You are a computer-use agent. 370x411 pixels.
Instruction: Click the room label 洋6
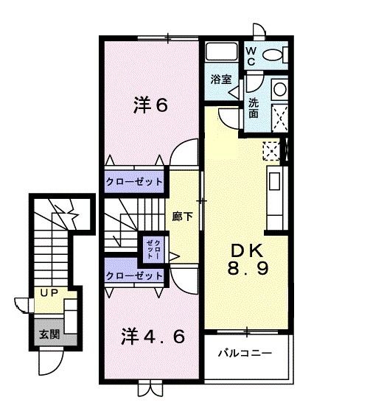150,106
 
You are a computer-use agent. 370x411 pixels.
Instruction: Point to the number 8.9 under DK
247,269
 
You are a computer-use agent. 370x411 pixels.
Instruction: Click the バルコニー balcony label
245,354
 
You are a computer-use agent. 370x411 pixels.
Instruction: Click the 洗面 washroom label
254,108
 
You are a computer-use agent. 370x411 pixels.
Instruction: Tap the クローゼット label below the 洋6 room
133,182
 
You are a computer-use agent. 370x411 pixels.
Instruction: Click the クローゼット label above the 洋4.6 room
133,275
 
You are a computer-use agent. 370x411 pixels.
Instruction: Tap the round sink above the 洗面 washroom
279,90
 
